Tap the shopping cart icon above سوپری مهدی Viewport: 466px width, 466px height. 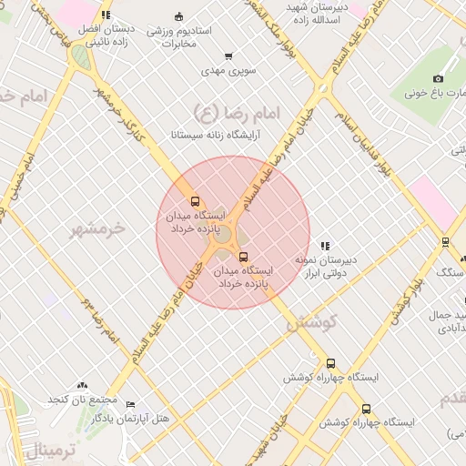pos(228,56)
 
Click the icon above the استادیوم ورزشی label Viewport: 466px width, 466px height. pos(178,15)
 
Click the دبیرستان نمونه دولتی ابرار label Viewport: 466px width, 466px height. pos(325,266)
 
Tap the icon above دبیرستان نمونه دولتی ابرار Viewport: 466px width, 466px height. pos(325,246)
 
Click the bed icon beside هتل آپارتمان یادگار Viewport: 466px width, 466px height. pos(130,404)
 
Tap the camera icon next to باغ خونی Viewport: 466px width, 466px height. pos(438,79)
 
